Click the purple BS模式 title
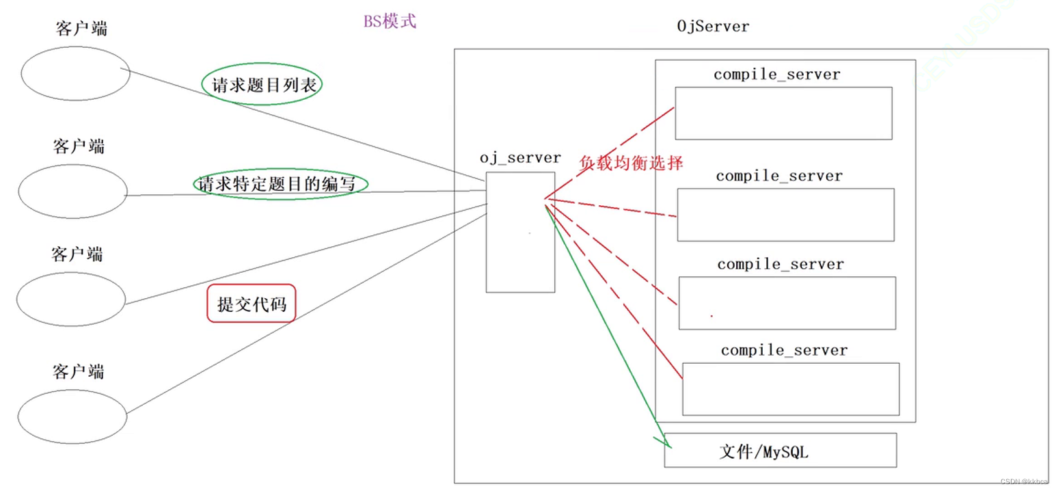pos(390,21)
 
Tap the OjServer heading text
pos(713,27)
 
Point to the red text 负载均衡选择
pos(631,163)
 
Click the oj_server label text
pos(520,158)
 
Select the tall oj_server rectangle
pos(520,232)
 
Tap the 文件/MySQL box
pos(779,451)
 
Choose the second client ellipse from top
pos(73,191)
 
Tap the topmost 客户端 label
pos(81,29)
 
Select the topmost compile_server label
pos(776,75)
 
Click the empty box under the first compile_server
pos(783,113)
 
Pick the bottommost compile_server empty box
pos(791,388)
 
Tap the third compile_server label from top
pos(781,264)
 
